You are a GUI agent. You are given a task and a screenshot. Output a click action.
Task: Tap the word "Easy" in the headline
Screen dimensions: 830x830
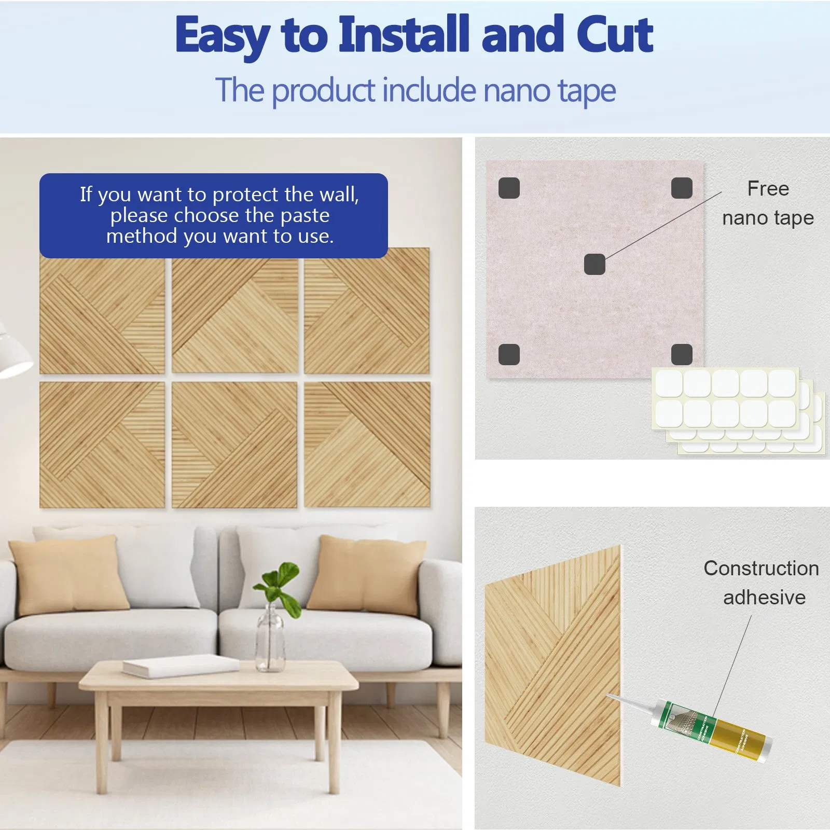222,35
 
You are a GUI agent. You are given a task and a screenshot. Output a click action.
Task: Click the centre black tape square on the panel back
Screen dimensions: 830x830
594,264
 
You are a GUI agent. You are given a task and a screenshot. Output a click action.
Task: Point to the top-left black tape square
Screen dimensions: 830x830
509,188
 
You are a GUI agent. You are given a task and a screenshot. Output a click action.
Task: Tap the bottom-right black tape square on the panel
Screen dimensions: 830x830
682,354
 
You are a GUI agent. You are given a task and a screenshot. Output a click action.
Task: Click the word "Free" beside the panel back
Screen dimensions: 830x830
768,189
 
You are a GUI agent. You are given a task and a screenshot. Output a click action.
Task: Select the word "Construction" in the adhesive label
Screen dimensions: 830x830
761,569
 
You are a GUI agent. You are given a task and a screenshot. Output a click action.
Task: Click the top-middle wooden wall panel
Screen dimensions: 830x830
234,315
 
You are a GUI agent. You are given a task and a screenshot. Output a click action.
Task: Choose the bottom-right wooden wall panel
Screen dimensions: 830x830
367,445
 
